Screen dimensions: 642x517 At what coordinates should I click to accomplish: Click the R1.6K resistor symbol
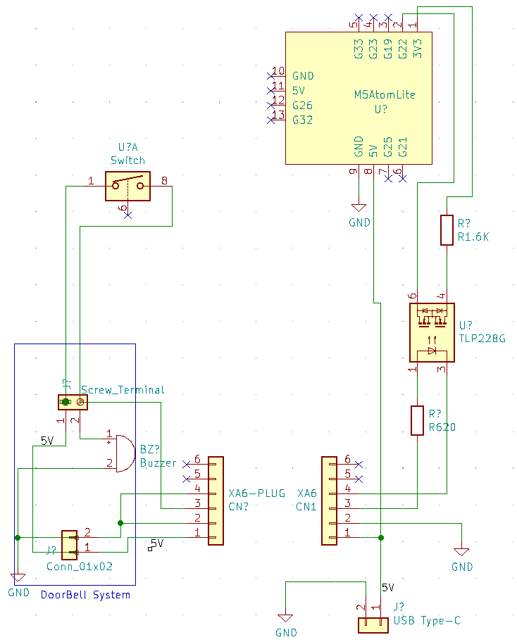[x=447, y=230]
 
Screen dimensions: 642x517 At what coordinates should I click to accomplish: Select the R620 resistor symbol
[x=417, y=420]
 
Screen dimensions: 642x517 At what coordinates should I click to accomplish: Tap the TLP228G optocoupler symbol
[x=432, y=332]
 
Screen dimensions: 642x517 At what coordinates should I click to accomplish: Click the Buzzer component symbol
[x=123, y=453]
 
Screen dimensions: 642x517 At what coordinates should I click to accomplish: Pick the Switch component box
[x=127, y=186]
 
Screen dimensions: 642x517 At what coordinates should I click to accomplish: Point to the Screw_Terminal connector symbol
[x=73, y=402]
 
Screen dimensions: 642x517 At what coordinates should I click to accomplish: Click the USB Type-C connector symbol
[x=373, y=625]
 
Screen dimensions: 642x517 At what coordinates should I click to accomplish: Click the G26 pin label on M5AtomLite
[x=303, y=106]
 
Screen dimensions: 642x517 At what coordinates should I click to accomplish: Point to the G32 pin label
[x=303, y=120]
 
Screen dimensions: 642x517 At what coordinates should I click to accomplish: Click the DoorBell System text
[x=85, y=595]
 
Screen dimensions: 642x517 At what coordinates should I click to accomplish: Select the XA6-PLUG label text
[x=257, y=493]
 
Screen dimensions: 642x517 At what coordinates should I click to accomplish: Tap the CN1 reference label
[x=306, y=507]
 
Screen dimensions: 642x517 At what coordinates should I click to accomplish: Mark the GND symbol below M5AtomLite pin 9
[x=359, y=208]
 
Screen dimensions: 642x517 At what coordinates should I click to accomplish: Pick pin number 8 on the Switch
[x=164, y=181]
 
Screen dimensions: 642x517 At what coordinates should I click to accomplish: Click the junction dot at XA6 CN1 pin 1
[x=381, y=538]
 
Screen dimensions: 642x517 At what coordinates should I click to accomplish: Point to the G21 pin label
[x=403, y=148]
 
